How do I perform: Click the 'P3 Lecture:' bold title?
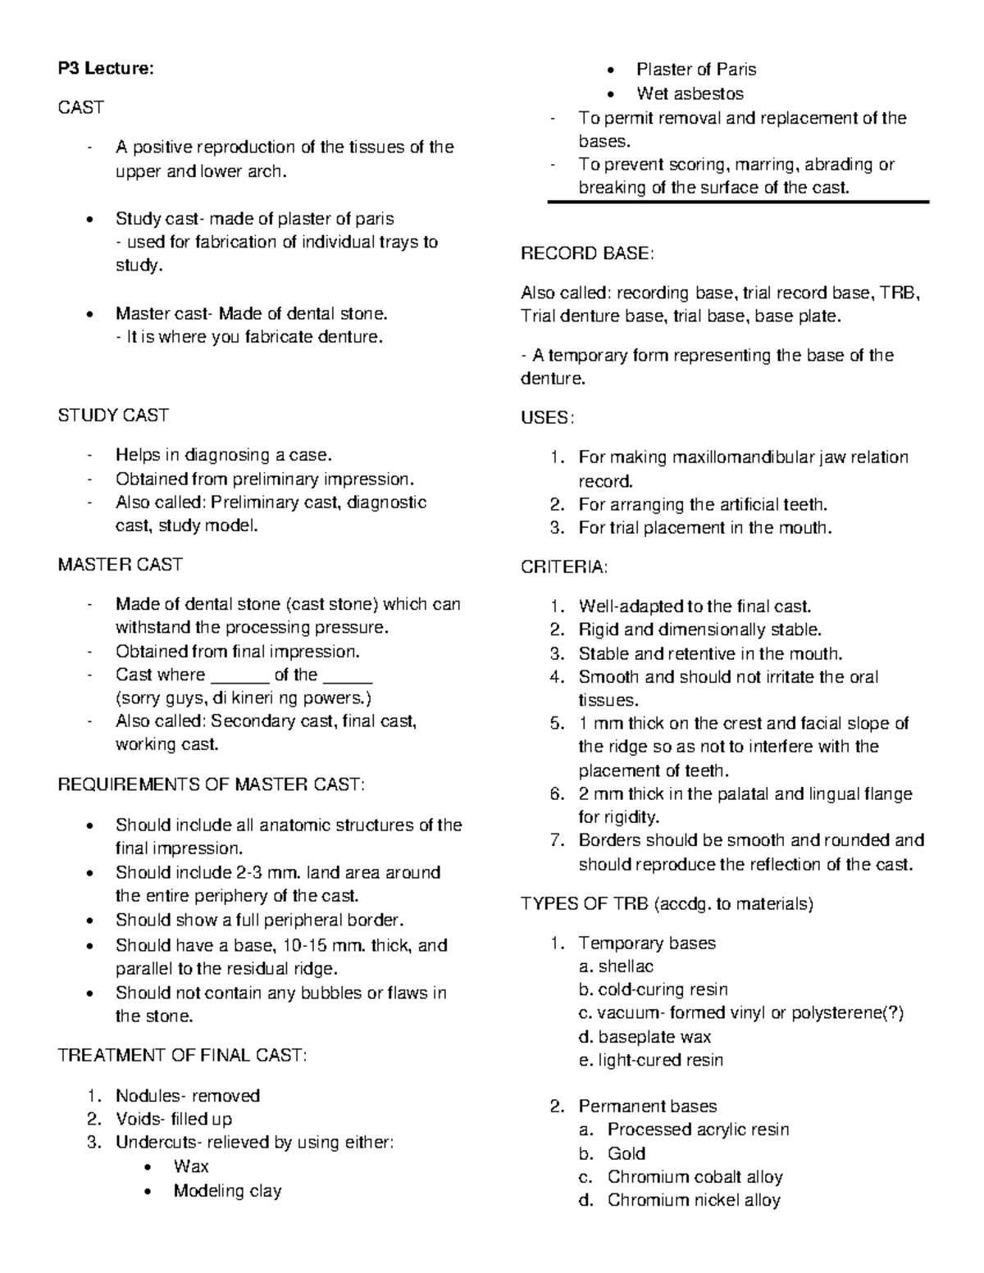[105, 69]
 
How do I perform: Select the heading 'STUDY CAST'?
[112, 416]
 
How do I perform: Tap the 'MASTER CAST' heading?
[120, 565]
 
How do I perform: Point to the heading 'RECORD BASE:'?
[587, 254]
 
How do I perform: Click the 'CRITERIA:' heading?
[564, 567]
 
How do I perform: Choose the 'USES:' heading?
[547, 418]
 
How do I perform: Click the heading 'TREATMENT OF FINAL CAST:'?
[182, 1055]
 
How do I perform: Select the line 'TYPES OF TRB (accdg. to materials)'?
[667, 904]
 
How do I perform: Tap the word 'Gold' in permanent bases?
[626, 1153]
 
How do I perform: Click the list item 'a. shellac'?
[616, 966]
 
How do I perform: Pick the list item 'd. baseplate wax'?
[645, 1037]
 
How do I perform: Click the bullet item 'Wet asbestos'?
[690, 93]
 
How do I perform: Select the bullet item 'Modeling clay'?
[227, 1191]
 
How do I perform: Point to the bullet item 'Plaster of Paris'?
[696, 70]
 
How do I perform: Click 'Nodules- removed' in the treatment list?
[187, 1096]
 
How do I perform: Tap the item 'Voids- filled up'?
[173, 1119]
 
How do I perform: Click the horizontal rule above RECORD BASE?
[738, 202]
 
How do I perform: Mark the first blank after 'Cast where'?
[240, 677]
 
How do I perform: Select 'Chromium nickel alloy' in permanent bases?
[694, 1201]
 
